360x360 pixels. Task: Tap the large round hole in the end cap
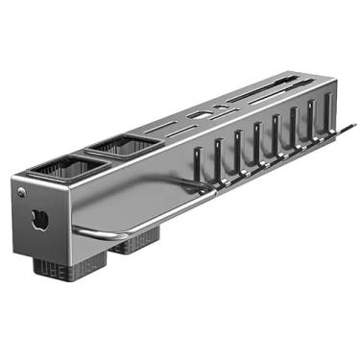[38, 219]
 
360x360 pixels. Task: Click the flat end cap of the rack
[38, 221]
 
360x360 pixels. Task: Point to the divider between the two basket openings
[91, 157]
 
